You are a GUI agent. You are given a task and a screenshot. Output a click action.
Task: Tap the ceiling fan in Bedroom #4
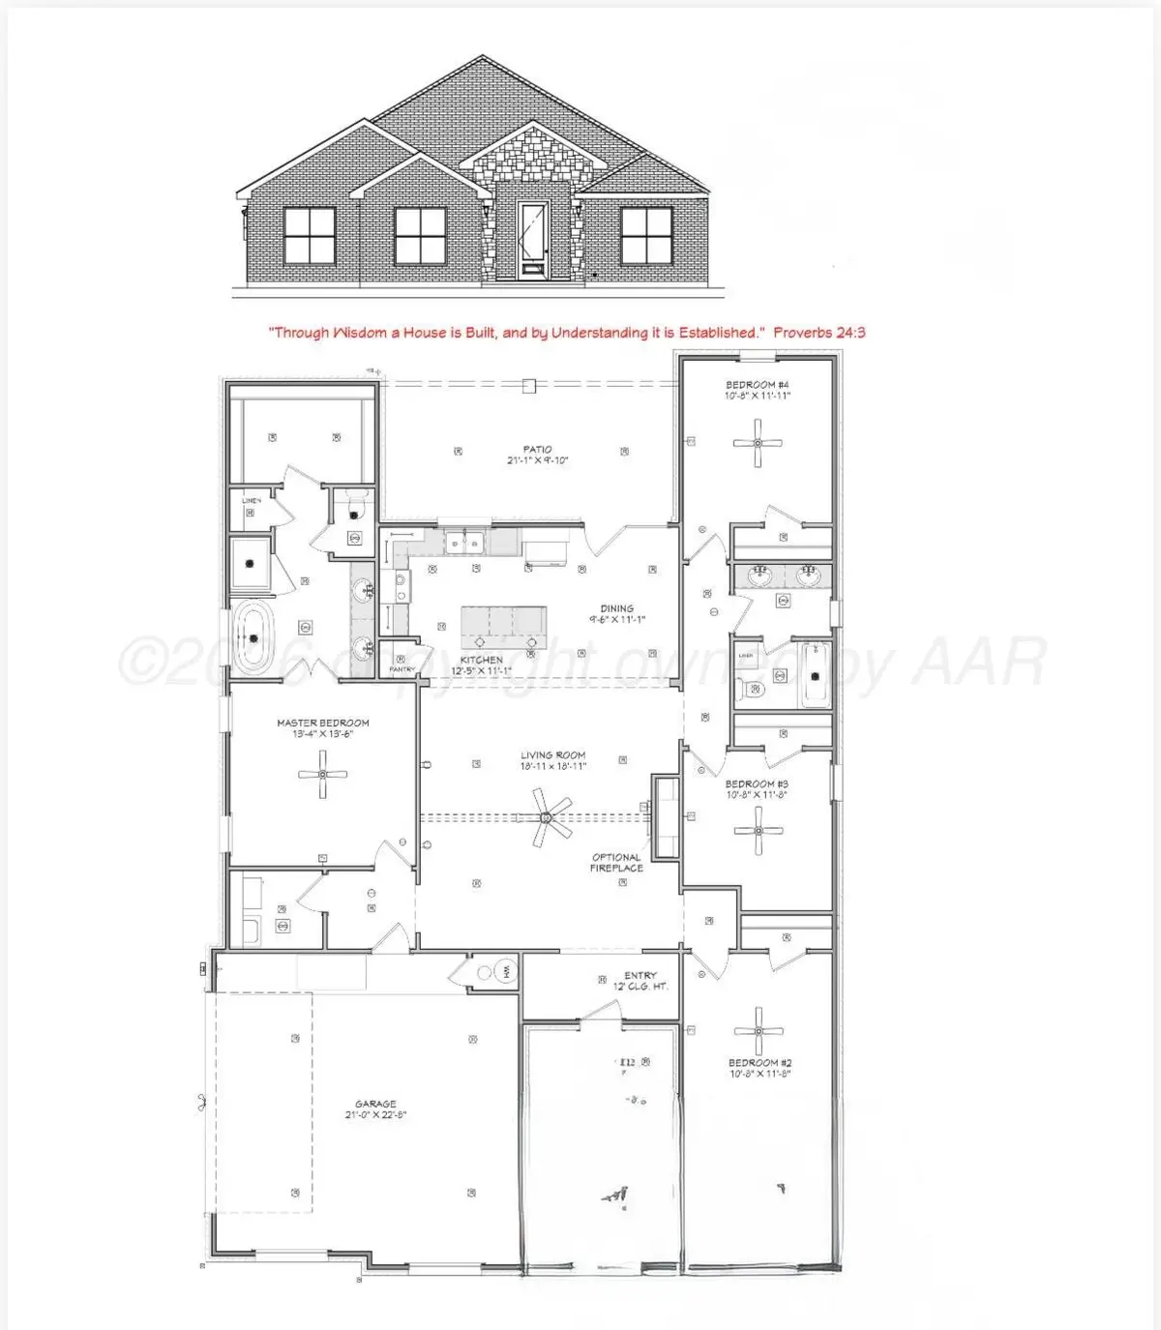point(758,443)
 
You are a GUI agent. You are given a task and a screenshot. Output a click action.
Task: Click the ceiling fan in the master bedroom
point(322,775)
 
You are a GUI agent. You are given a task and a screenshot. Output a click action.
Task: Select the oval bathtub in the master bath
point(253,637)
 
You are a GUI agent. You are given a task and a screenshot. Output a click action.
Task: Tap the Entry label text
point(640,975)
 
